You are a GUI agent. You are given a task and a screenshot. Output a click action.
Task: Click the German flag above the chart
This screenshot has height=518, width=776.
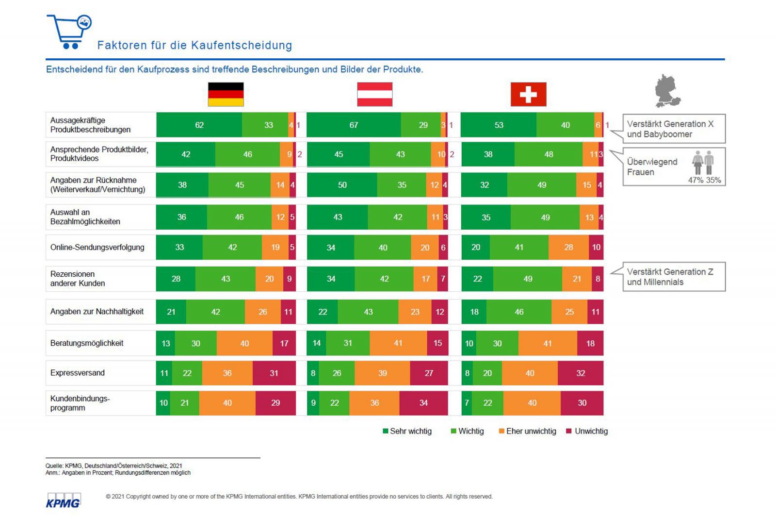[226, 94]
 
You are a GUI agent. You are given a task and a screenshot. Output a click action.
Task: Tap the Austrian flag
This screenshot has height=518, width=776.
[374, 94]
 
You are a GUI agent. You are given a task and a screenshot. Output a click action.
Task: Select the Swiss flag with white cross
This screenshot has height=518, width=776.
[528, 94]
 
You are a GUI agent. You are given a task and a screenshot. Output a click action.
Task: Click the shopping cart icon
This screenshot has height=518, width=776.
[69, 32]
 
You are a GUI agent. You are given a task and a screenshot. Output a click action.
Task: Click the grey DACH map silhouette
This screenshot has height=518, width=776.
[668, 91]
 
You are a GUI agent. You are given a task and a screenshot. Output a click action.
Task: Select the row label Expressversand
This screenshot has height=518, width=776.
[78, 373]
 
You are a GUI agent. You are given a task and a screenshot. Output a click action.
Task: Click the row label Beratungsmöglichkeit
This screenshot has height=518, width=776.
[87, 343]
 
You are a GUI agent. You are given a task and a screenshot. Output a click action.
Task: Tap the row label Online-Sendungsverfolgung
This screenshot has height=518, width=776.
[97, 247]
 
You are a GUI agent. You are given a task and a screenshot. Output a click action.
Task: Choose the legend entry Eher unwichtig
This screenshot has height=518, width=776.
[527, 431]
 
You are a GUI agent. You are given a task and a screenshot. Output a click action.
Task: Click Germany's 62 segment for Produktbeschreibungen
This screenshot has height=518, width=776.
[199, 125]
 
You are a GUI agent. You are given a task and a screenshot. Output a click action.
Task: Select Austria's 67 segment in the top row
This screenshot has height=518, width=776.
[354, 125]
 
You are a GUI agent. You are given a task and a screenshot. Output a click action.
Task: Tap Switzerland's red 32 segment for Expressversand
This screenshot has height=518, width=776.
[581, 373]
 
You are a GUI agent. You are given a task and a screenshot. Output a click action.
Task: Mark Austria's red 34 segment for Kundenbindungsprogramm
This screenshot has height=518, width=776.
[423, 403]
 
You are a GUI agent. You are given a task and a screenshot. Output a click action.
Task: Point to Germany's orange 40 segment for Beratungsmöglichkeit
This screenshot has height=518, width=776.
[244, 343]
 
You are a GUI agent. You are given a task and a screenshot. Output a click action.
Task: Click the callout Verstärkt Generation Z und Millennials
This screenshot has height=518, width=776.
[674, 277]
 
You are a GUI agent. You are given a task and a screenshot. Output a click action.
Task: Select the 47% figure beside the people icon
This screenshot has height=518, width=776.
[695, 180]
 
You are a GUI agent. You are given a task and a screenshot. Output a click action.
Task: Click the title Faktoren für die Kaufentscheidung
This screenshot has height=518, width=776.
[194, 45]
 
